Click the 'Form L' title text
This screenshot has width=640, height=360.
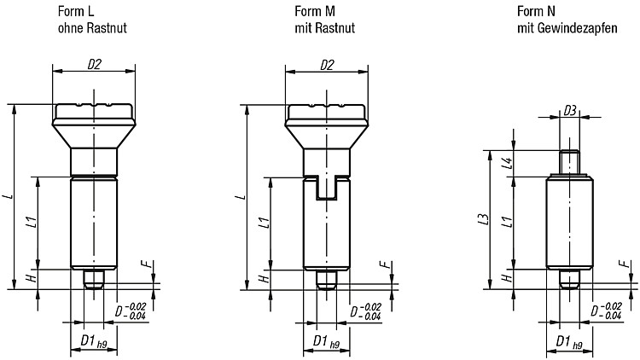pos(76,11)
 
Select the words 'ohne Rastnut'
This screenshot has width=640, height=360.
pos(92,28)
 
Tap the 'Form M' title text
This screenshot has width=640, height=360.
pos(315,11)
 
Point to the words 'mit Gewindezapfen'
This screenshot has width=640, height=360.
pos(567,28)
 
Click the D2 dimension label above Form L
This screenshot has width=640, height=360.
pos(94,64)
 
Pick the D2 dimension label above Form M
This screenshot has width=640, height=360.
pos(327,65)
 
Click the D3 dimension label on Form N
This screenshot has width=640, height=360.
pos(570,110)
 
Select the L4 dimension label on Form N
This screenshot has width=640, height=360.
pos(508,163)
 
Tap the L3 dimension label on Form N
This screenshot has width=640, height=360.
pos(484,218)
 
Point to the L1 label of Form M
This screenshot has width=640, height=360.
pos(265,223)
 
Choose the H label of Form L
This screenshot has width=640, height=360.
pos(32,279)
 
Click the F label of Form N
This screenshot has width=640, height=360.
pos(624,264)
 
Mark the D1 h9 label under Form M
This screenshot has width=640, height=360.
pos(326,341)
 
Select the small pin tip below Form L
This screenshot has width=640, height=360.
pos(94,279)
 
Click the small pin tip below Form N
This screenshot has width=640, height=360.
pos(569,279)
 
